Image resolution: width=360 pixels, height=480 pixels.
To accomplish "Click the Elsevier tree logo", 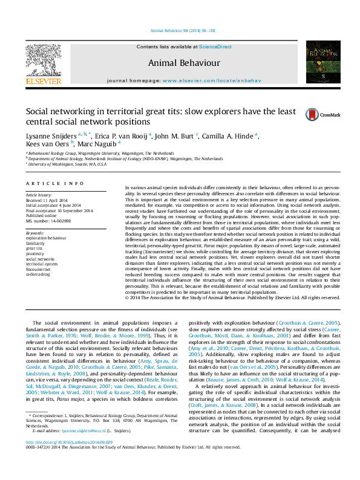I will [43, 60].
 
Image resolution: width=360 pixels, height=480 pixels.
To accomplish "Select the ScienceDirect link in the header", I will [199, 47].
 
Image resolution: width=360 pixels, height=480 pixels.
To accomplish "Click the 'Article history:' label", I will [39, 195].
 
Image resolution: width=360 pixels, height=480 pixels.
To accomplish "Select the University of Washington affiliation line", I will [67, 164].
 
